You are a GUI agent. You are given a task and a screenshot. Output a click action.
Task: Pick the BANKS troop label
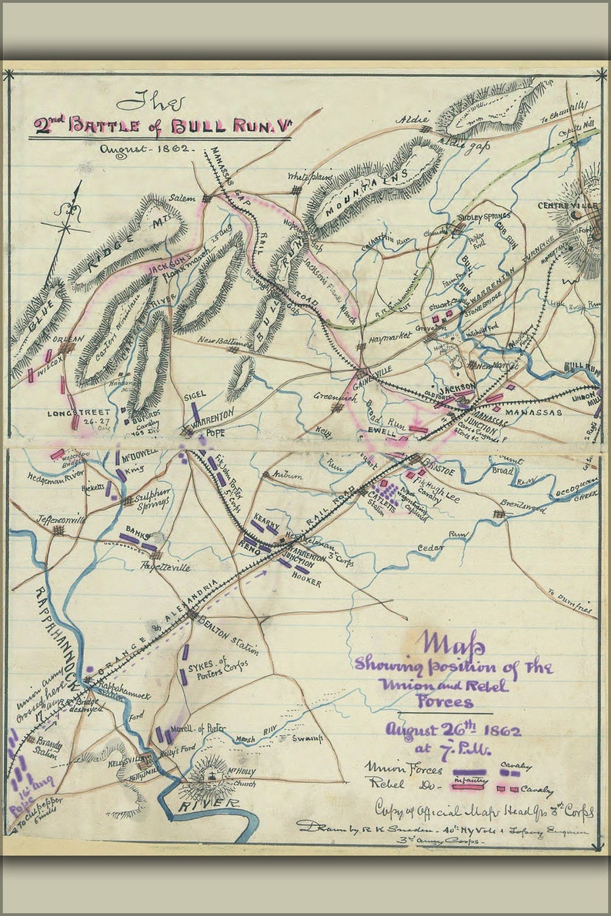pos(139,530)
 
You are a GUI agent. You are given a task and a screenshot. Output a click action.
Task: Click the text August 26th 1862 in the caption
pos(453,730)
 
